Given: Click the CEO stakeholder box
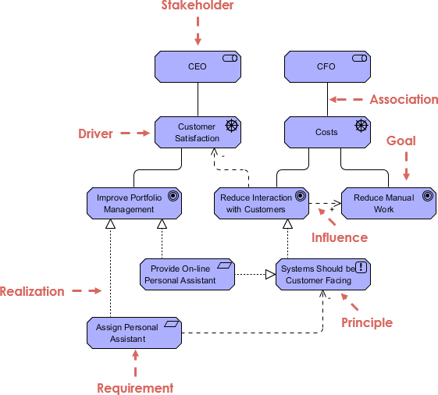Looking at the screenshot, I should point(198,67).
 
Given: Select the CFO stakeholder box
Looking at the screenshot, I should point(326,67).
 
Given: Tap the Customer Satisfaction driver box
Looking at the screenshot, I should point(198,133).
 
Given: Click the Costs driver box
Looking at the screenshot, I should point(326,133).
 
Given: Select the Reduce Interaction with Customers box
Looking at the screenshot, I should point(258,204).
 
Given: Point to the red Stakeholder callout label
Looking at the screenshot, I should point(198,6).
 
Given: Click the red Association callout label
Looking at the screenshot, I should point(404,100).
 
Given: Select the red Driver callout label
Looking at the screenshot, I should point(95,134).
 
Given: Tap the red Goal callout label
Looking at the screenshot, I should point(401,141).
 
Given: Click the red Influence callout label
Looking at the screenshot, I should point(340,237).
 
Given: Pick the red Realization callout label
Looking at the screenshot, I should point(32,292).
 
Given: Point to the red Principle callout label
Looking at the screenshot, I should point(367,322).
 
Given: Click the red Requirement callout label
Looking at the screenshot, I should point(135,388).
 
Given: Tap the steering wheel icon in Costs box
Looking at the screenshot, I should point(360,125).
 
